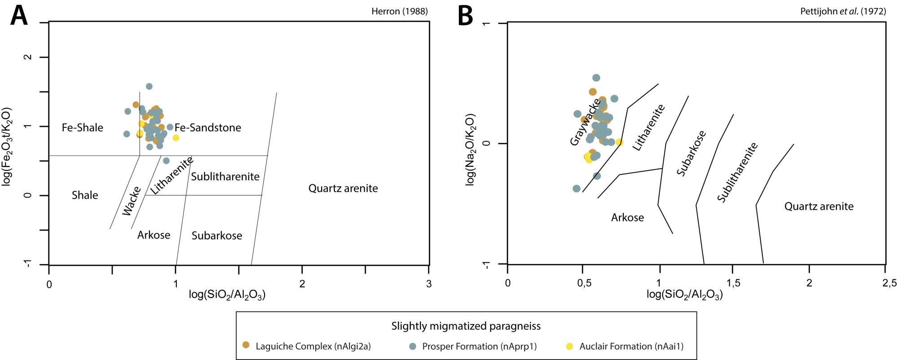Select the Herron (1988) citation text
tap(399, 12)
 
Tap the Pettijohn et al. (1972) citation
tap(843, 12)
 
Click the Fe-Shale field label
tap(83, 128)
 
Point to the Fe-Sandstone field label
tap(208, 128)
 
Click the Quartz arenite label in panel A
tap(343, 188)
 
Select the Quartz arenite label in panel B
tap(819, 206)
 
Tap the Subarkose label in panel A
tap(217, 236)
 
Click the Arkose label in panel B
tap(627, 218)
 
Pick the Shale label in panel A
tap(85, 195)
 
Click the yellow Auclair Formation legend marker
tap(570, 346)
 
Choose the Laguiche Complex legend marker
tap(246, 346)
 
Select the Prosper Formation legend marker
tap(413, 346)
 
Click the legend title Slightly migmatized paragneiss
tap(466, 326)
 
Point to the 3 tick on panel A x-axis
tap(429, 284)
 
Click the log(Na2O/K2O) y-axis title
tap(470, 149)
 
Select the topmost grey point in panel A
tap(149, 86)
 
